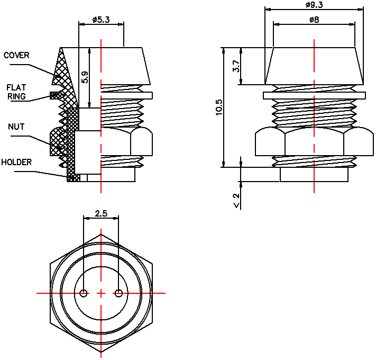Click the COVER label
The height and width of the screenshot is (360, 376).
point(16,55)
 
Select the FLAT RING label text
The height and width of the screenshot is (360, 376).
point(16,92)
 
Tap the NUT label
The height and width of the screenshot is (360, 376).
point(16,127)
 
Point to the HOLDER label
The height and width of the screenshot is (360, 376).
point(16,162)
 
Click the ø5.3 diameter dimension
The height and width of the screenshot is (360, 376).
point(100,20)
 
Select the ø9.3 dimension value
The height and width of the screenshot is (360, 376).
point(314,5)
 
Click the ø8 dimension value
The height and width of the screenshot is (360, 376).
point(314,20)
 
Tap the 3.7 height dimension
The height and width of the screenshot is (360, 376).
point(236,67)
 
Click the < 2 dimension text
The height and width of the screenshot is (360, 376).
point(236,200)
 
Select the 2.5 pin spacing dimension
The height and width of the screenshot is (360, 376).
point(101,214)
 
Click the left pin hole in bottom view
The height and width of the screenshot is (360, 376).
point(84,293)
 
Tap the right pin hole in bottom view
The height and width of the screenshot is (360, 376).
point(118,293)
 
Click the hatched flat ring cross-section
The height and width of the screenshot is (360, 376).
point(54,95)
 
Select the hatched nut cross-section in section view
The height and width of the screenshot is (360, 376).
point(56,142)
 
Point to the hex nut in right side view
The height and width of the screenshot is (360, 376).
point(314,143)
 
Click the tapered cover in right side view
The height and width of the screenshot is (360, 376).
point(314,66)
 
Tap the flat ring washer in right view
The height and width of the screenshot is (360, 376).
point(314,95)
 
